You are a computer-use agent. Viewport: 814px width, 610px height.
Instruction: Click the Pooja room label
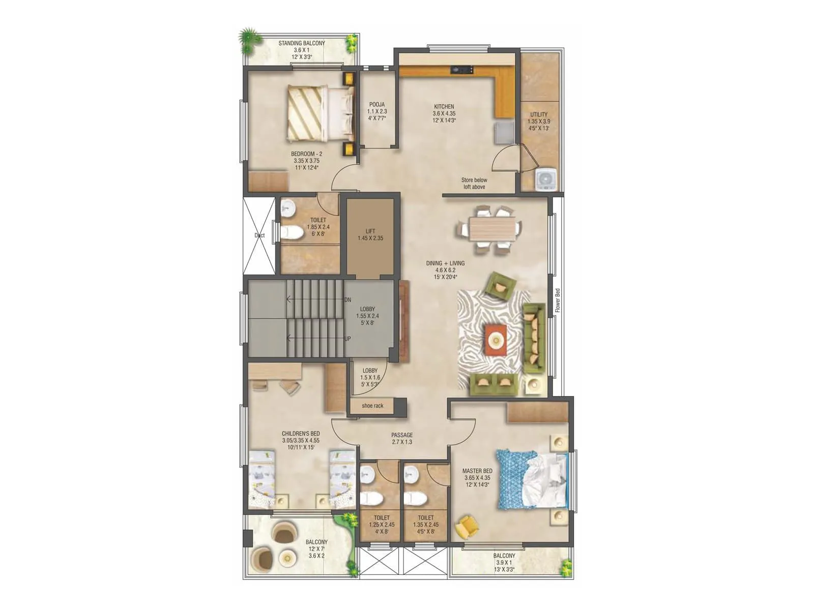point(377,105)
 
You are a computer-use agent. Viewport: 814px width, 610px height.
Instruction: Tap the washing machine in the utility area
point(546,179)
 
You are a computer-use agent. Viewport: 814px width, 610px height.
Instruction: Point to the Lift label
point(370,231)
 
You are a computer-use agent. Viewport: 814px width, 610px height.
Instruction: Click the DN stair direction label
point(347,300)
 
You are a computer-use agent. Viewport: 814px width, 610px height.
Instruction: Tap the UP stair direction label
point(347,339)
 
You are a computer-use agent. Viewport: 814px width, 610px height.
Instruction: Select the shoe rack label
point(372,406)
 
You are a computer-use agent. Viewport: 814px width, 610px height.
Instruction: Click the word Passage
point(402,435)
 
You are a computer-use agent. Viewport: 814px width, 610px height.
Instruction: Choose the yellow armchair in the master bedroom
point(468,527)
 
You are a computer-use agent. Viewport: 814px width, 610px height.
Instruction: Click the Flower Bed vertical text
point(557,300)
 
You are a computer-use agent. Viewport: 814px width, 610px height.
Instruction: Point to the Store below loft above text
point(474,184)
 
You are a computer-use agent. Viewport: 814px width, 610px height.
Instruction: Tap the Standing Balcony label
point(302,43)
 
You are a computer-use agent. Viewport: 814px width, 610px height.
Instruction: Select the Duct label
point(259,235)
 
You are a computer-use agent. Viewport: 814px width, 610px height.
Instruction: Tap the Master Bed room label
point(477,471)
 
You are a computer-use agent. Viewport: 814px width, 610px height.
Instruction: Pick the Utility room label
point(539,115)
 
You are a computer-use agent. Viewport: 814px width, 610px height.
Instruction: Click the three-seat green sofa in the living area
point(534,335)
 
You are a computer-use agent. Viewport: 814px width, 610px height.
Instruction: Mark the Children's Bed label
point(301,434)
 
